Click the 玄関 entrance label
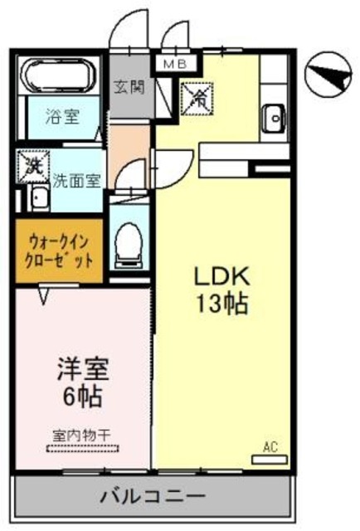(x=129, y=85)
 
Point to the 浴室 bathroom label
(x=63, y=117)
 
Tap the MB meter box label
(x=176, y=63)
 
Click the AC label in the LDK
(x=270, y=447)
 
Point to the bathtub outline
(x=60, y=76)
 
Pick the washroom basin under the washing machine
(x=37, y=198)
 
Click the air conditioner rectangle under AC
(x=270, y=457)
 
